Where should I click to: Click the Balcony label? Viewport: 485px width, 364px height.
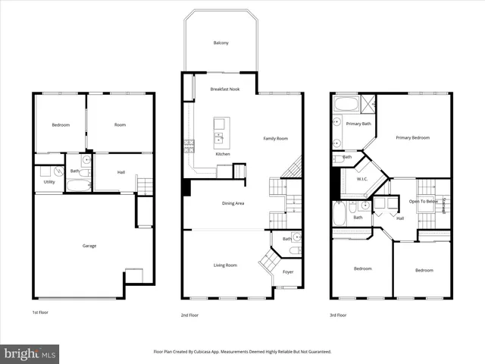[221, 43]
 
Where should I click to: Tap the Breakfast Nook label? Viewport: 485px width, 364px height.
[224, 89]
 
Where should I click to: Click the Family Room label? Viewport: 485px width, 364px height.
[275, 139]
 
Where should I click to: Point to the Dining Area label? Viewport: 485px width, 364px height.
[233, 203]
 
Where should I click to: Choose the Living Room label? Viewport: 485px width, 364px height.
[225, 265]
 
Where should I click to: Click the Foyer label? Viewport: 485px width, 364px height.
[288, 272]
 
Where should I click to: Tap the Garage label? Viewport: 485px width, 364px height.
[89, 246]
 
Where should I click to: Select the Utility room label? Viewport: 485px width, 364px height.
[48, 182]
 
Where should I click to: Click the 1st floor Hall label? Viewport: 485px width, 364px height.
[120, 172]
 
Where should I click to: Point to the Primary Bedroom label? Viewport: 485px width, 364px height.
[412, 138]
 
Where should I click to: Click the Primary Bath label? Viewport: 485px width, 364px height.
[358, 124]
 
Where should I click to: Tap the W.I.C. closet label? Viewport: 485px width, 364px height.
[362, 180]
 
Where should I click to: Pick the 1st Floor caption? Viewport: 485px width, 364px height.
[40, 314]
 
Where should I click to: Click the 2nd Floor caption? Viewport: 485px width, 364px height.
[189, 314]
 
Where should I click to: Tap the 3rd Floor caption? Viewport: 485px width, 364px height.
[338, 314]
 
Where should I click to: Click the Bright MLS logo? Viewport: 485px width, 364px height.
[30, 353]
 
